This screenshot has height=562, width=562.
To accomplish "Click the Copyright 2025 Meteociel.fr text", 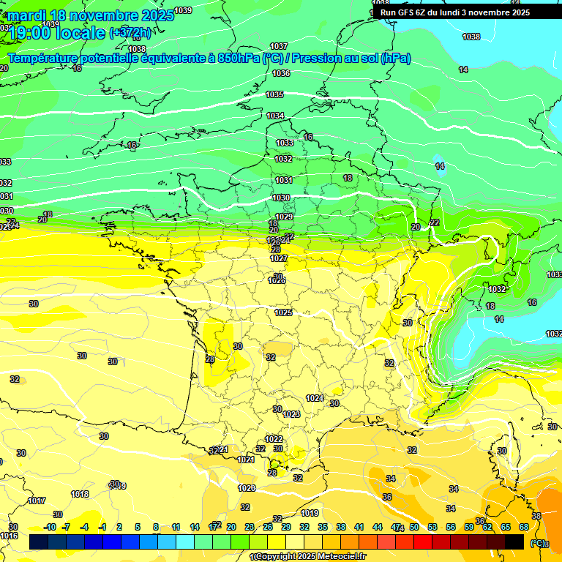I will (x=308, y=557).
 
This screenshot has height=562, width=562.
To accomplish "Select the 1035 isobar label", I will (x=274, y=95).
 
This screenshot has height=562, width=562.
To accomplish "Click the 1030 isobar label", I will (x=282, y=198).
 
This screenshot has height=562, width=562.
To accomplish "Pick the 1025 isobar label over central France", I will (x=283, y=312).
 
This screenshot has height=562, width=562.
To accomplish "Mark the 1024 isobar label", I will (x=315, y=398).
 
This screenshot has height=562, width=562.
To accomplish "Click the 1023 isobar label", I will (x=291, y=414).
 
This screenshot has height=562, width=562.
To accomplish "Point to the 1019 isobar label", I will (x=310, y=513).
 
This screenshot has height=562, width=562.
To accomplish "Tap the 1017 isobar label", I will (x=37, y=501).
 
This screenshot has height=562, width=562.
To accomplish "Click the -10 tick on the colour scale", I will (x=50, y=527).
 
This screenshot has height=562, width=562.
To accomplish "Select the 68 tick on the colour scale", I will (x=524, y=527).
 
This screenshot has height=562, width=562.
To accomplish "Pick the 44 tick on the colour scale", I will (x=378, y=527).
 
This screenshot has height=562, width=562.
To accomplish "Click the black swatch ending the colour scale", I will (x=514, y=542).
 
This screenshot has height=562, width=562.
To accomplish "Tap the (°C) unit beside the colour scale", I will (x=538, y=543).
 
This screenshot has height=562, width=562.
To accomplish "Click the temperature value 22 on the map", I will (x=435, y=222).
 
